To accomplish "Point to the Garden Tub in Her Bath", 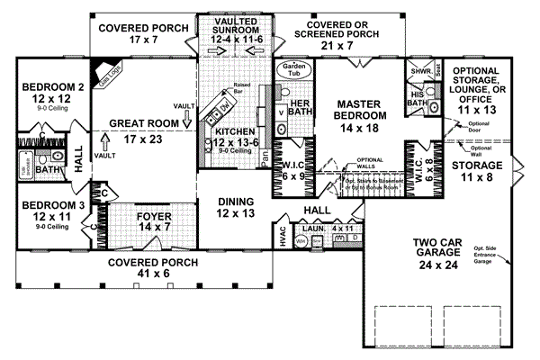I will click(295, 71).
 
